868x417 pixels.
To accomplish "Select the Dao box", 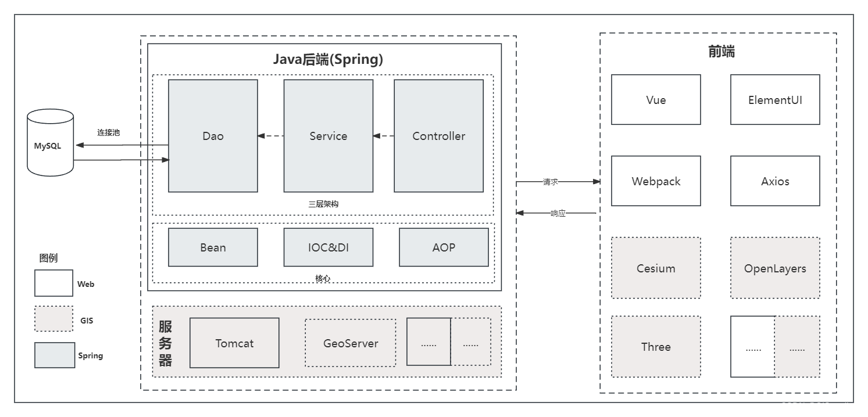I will pyautogui.click(x=213, y=136).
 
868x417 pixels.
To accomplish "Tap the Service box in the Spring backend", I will pyautogui.click(x=328, y=136).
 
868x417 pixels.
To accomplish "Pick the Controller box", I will pyautogui.click(x=438, y=136).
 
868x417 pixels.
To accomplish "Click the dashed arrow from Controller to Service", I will pyautogui.click(x=384, y=136).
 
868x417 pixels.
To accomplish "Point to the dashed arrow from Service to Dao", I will pyautogui.click(x=270, y=136).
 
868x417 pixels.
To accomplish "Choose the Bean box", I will pyautogui.click(x=213, y=247).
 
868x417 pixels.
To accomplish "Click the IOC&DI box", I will pyautogui.click(x=328, y=247).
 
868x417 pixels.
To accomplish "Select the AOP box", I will pyautogui.click(x=444, y=247).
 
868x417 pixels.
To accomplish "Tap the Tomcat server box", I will pyautogui.click(x=234, y=343).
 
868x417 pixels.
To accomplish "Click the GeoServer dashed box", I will pyautogui.click(x=350, y=343).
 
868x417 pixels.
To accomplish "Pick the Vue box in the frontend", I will pyautogui.click(x=656, y=99).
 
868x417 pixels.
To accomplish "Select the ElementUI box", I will pyautogui.click(x=775, y=99).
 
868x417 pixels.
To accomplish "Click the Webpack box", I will pyautogui.click(x=656, y=181).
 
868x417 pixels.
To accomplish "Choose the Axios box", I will pyautogui.click(x=775, y=181).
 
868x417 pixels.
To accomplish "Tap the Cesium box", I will pyautogui.click(x=656, y=268).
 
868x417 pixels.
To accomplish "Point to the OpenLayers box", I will pyautogui.click(x=775, y=268).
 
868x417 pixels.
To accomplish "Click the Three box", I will pyautogui.click(x=656, y=347).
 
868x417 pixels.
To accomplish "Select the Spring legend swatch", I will pyautogui.click(x=54, y=355).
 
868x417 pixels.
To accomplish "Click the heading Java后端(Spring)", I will pyautogui.click(x=328, y=59).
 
